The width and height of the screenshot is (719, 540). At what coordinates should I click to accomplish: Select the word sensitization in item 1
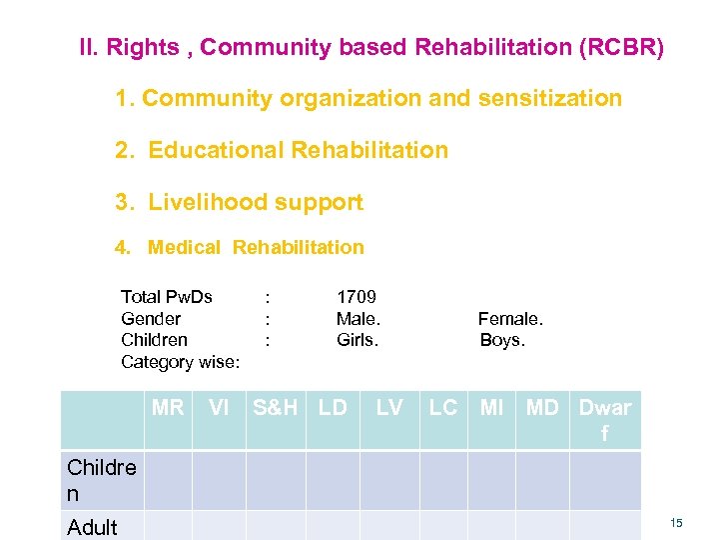tap(550, 98)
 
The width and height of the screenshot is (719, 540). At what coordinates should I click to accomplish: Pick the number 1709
tap(357, 297)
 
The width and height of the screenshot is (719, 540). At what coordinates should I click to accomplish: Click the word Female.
tap(510, 319)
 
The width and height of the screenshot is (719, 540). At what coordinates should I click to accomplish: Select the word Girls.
tap(358, 340)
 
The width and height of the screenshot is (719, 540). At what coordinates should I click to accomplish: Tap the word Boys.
tap(502, 340)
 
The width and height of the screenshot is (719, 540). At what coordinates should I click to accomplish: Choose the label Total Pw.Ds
tap(167, 297)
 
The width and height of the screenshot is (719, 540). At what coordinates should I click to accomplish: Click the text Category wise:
tap(180, 362)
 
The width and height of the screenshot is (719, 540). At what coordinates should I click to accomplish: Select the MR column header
tap(168, 407)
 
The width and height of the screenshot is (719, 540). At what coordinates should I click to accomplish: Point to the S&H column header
tap(276, 407)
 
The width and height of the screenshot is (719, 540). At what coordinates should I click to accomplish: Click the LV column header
tap(388, 407)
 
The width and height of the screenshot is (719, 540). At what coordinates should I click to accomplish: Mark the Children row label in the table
tap(101, 481)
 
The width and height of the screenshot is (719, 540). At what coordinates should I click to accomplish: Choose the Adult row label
tap(92, 527)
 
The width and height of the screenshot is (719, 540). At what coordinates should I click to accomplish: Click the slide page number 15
tap(676, 523)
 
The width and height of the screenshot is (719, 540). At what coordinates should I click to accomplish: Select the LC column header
tap(442, 407)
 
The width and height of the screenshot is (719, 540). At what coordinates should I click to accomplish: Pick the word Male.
tap(359, 319)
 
